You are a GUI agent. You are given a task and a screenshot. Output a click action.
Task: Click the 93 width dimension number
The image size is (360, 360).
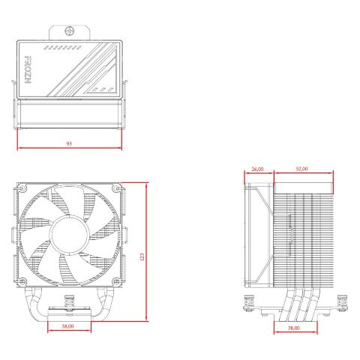click(x=69, y=142)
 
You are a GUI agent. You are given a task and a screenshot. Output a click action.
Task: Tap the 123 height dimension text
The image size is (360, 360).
click(x=142, y=256)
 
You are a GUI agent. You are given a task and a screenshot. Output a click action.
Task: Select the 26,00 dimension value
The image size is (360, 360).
click(x=257, y=169)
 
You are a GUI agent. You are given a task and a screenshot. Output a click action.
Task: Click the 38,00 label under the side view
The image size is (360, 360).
click(x=293, y=328)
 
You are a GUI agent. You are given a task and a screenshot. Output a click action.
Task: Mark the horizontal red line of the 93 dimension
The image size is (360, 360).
click(x=69, y=148)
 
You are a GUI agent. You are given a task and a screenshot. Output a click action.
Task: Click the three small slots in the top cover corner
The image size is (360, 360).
click(x=102, y=88)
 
